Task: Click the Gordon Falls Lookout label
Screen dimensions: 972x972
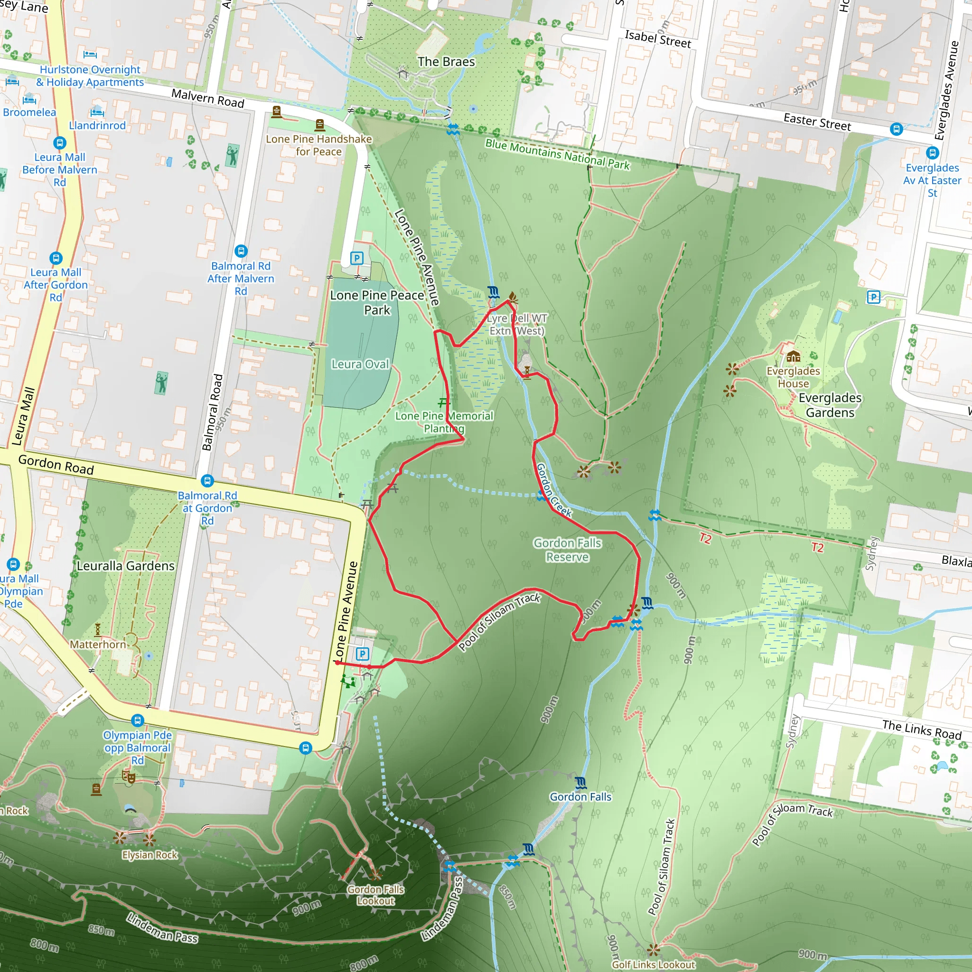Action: pyautogui.click(x=376, y=895)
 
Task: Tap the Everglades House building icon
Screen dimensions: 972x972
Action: pyautogui.click(x=793, y=357)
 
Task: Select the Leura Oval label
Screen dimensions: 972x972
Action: pyautogui.click(x=360, y=364)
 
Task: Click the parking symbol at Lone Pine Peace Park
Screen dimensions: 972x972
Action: pyautogui.click(x=357, y=259)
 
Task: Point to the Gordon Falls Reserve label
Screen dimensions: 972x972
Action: pyautogui.click(x=568, y=550)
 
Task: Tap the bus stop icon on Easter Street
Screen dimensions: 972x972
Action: pyautogui.click(x=896, y=129)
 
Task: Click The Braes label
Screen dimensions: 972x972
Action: pyautogui.click(x=446, y=62)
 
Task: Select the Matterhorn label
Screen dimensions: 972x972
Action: pyautogui.click(x=98, y=645)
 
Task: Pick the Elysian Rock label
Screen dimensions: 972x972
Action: pyautogui.click(x=150, y=855)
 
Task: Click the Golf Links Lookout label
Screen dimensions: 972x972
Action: pyautogui.click(x=654, y=964)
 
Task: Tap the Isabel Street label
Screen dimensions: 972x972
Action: pyautogui.click(x=657, y=39)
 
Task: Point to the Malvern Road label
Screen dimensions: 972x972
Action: pyautogui.click(x=208, y=98)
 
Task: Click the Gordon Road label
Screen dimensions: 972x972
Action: pyautogui.click(x=56, y=464)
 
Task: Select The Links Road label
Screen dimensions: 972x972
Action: pyautogui.click(x=921, y=729)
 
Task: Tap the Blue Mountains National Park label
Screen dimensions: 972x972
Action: pyautogui.click(x=557, y=154)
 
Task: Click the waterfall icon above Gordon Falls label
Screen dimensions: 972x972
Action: pyautogui.click(x=580, y=783)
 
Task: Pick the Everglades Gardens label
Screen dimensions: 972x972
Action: pyautogui.click(x=830, y=405)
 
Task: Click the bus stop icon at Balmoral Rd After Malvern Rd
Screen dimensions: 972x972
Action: pyautogui.click(x=241, y=251)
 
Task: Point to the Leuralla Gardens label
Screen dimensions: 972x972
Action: pyautogui.click(x=126, y=566)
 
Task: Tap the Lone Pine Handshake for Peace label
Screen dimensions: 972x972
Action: pyautogui.click(x=319, y=145)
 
